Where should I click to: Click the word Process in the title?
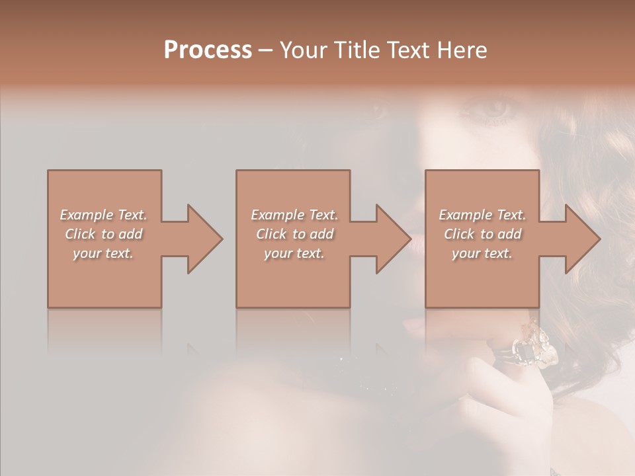coord(208,50)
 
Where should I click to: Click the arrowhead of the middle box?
coord(393,239)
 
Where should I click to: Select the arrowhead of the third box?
coord(582,239)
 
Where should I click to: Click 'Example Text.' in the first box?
coord(103,215)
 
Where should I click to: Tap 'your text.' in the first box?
coord(103,253)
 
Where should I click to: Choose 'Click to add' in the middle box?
coord(294,234)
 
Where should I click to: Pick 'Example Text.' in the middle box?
coord(294,215)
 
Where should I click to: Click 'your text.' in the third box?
coord(482,253)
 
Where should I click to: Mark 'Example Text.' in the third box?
coord(482,215)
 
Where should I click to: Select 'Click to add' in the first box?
coord(103,234)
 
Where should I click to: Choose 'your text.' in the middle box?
coord(294,253)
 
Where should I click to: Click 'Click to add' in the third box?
coord(482,234)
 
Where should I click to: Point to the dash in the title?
coord(265,51)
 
